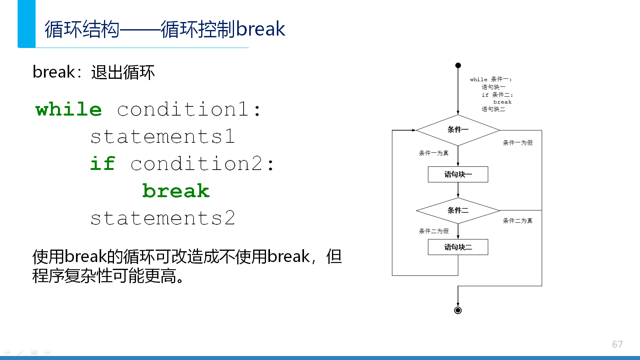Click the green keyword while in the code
click(x=68, y=109)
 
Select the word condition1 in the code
click(x=183, y=109)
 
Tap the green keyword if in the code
click(x=102, y=164)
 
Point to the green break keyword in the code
click(x=176, y=190)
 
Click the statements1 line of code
click(x=163, y=136)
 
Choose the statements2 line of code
click(x=163, y=218)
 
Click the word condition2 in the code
click(x=196, y=164)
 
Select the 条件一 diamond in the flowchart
click(x=458, y=130)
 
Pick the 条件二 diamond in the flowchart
click(x=458, y=210)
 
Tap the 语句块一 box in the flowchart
click(x=458, y=174)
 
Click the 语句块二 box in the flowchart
click(x=458, y=247)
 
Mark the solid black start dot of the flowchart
click(x=458, y=66)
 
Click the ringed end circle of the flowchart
click(x=458, y=310)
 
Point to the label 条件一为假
click(x=518, y=142)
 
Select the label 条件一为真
click(x=434, y=153)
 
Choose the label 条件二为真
click(x=518, y=220)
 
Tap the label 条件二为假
click(x=434, y=231)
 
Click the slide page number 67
click(x=618, y=344)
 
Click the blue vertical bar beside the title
click(x=26, y=24)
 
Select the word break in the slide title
click(x=260, y=29)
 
